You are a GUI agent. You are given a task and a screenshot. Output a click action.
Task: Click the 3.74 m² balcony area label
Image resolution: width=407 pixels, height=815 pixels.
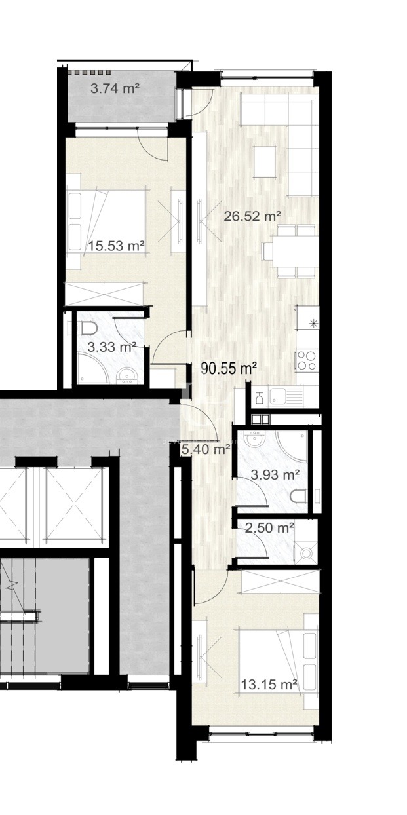115,89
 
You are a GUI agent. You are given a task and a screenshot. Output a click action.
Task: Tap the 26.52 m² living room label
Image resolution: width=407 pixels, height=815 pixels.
252,216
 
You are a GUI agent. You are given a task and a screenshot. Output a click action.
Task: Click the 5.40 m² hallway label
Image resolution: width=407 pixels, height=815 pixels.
206,449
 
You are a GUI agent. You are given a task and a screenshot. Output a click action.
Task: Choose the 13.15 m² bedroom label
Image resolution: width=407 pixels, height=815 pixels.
269,685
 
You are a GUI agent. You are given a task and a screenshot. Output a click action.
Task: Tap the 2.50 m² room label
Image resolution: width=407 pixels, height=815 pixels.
269,527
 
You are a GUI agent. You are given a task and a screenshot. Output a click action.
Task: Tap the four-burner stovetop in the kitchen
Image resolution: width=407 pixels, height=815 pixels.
307,360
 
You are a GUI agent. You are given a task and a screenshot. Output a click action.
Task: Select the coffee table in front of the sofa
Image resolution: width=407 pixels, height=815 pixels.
265,162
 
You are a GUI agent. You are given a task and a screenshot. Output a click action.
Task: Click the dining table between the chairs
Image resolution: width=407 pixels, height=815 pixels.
294,252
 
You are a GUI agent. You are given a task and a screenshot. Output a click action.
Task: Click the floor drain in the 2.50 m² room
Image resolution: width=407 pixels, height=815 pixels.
306,554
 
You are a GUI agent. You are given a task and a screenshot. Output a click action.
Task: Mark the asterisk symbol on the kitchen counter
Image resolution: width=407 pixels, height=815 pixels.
313,323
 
